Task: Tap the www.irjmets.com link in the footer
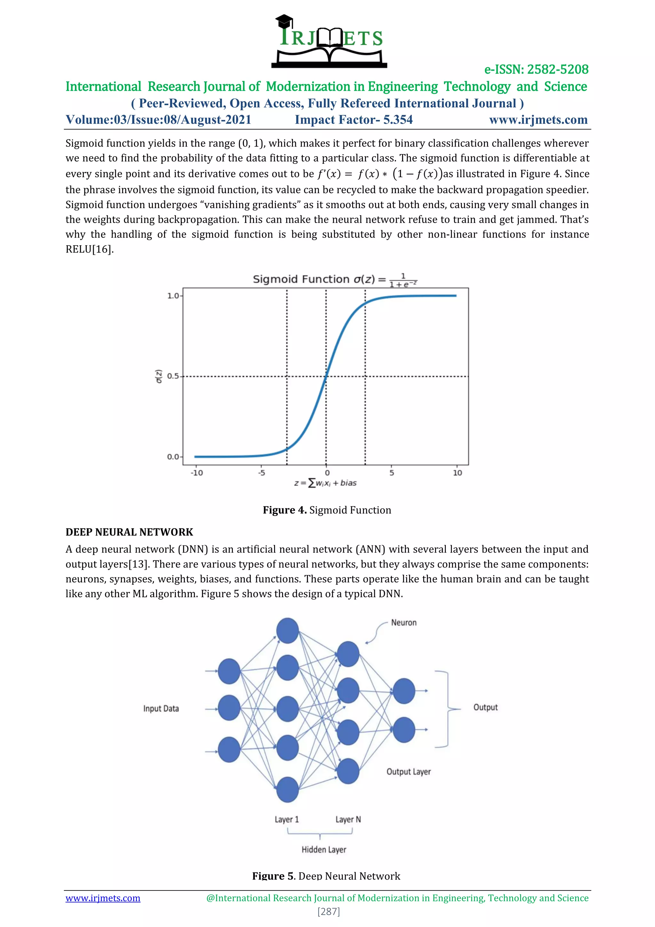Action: (x=103, y=898)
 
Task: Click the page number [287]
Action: (x=329, y=911)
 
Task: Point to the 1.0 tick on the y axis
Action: (x=173, y=296)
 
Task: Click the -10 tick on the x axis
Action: (x=197, y=473)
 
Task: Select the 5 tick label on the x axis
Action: (x=392, y=473)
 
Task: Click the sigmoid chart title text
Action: (x=335, y=279)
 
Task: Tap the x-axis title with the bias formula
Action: (x=326, y=483)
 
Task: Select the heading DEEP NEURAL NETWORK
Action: (x=129, y=532)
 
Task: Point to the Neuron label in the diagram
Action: (x=404, y=623)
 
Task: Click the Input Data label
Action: (x=161, y=709)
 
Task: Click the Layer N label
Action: (x=348, y=819)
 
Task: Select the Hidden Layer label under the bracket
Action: (x=324, y=850)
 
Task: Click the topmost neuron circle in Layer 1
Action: (x=287, y=630)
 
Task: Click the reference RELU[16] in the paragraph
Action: (x=90, y=249)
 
